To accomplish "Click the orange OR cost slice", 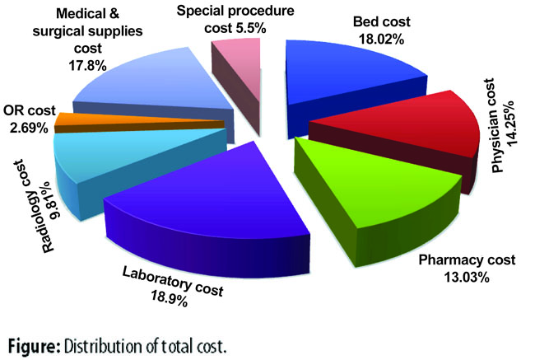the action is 137,122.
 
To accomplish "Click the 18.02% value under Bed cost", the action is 381,40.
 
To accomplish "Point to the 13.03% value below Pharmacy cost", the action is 467,277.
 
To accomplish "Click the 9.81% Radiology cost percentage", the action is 53,200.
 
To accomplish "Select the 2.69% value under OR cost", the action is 29,128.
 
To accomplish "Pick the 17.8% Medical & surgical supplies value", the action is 88,65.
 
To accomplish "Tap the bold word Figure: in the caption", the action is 34,346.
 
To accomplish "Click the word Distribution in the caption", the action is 105,346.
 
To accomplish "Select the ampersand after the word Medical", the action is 114,14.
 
